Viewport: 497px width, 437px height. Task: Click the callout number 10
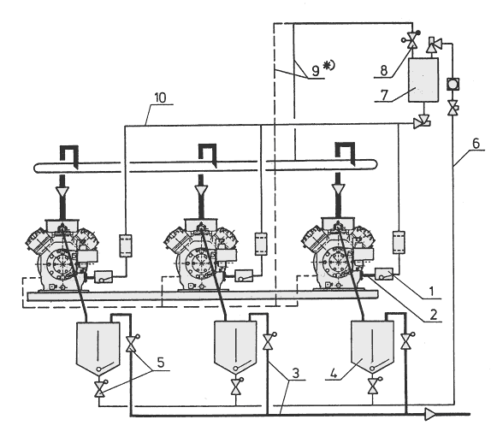tap(160, 98)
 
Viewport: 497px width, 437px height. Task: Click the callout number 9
tap(316, 70)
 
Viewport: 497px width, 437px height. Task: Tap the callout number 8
tap(383, 70)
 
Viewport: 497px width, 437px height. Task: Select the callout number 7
tap(384, 95)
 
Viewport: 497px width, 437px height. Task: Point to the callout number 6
tap(476, 143)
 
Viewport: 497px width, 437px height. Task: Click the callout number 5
tap(161, 363)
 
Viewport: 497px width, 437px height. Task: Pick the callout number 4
tap(334, 373)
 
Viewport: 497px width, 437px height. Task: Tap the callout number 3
tap(295, 373)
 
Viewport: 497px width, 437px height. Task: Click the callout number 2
tap(434, 315)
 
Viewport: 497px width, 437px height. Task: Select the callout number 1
tap(431, 292)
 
